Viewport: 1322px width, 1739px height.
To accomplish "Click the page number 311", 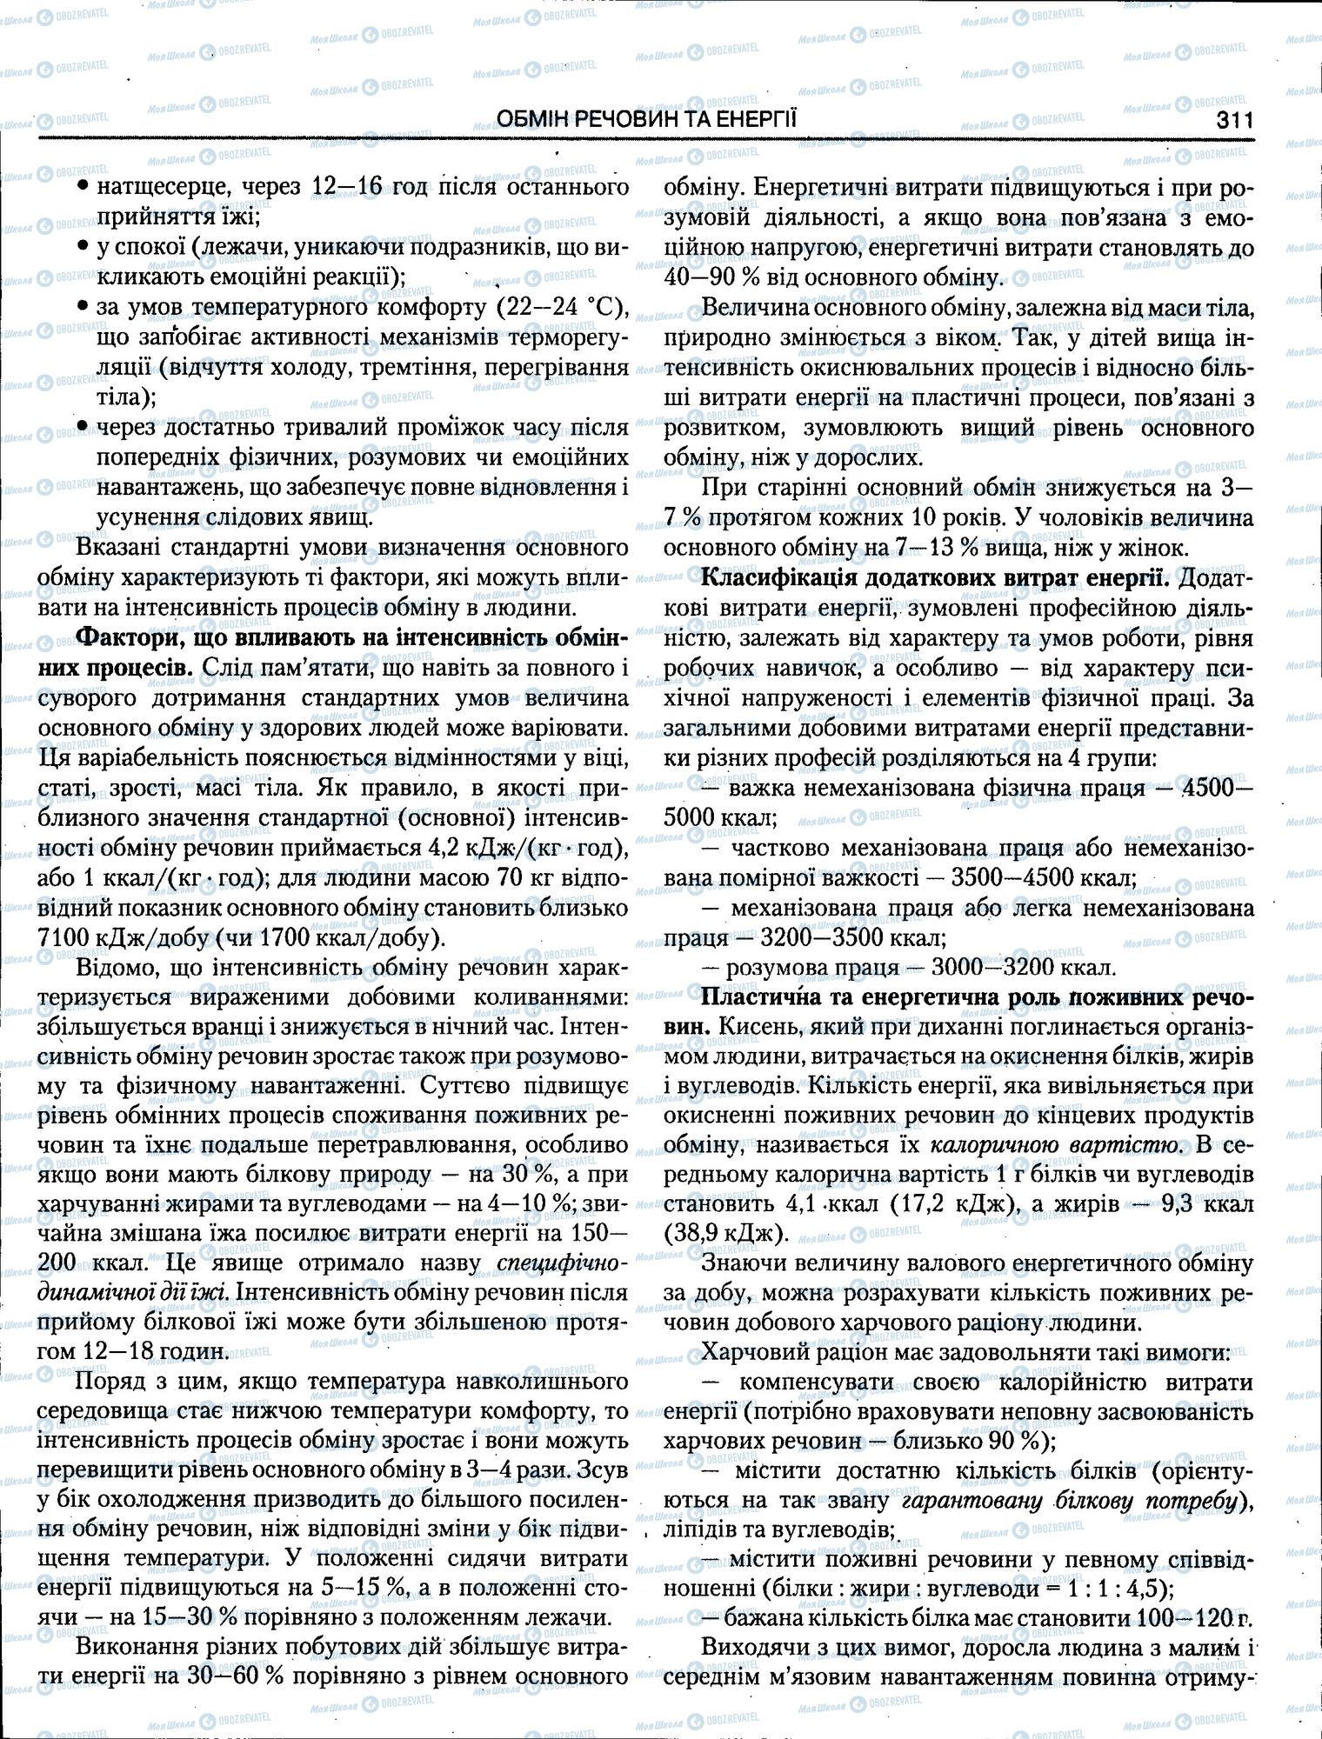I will [1228, 120].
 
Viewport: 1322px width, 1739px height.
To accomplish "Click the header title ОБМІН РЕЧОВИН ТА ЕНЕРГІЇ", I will [645, 120].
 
